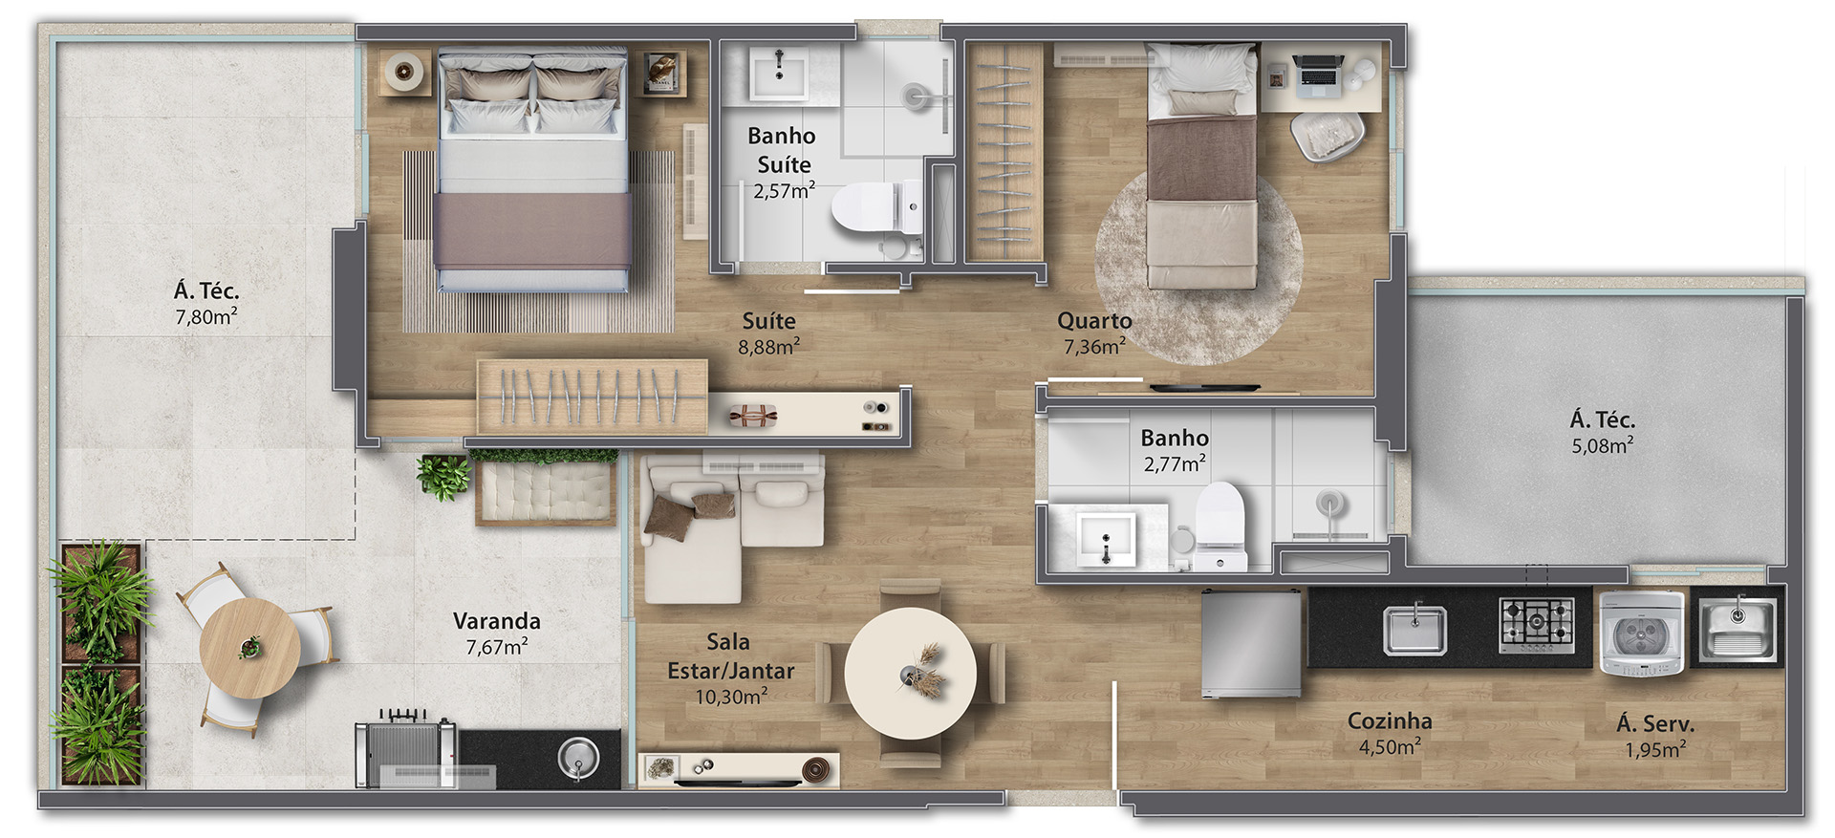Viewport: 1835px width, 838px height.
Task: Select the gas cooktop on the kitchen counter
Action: (x=1537, y=625)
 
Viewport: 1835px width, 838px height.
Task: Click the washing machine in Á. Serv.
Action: (x=1642, y=634)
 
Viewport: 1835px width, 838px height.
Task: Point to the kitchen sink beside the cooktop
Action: (x=1414, y=631)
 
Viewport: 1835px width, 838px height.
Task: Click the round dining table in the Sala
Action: (x=910, y=673)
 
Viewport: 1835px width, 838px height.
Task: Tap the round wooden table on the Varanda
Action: (x=249, y=648)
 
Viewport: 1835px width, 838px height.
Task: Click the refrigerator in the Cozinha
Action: (x=1251, y=642)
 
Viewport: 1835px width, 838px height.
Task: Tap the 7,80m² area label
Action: (x=206, y=316)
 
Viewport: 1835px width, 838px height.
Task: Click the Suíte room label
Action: (x=768, y=321)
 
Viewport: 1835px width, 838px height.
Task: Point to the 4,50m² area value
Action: (x=1390, y=746)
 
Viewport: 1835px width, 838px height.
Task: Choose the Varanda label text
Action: (x=496, y=621)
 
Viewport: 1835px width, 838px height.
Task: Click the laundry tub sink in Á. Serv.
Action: (x=1738, y=628)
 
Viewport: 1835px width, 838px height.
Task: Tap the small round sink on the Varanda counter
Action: (x=577, y=759)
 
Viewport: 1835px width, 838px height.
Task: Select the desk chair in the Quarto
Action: (x=1328, y=136)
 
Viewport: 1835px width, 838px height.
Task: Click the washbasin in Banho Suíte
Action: (x=779, y=74)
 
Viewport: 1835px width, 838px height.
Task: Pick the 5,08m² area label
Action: (x=1603, y=445)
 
